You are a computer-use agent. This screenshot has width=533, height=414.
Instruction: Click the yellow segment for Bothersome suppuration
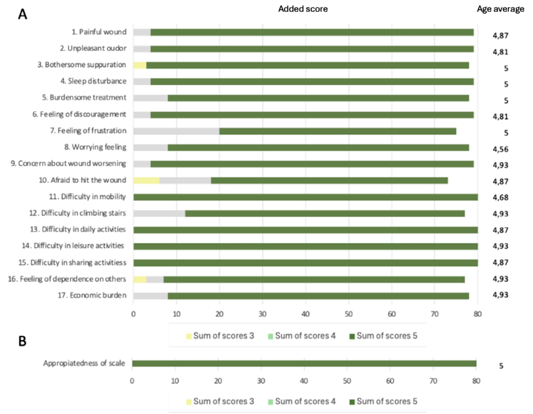pyautogui.click(x=139, y=65)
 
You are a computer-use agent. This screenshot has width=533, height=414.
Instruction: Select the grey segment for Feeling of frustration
pyautogui.click(x=176, y=131)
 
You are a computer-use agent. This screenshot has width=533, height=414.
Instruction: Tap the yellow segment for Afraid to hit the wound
pyautogui.click(x=146, y=180)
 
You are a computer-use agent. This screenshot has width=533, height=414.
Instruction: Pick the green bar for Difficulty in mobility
pyautogui.click(x=305, y=197)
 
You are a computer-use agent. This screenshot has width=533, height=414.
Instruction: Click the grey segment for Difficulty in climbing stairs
pyautogui.click(x=159, y=213)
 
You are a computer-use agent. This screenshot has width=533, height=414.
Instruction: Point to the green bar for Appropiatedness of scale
pyautogui.click(x=303, y=364)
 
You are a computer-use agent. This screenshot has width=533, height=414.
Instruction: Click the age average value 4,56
pyautogui.click(x=500, y=149)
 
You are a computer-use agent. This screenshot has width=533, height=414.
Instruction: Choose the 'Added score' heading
pyautogui.click(x=303, y=9)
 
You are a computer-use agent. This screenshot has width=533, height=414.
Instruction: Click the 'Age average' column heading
pyautogui.click(x=500, y=9)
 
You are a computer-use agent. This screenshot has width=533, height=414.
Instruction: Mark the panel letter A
pyautogui.click(x=23, y=14)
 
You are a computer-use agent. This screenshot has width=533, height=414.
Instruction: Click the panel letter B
pyautogui.click(x=23, y=341)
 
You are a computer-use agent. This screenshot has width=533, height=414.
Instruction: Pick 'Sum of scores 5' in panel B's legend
pyautogui.click(x=386, y=401)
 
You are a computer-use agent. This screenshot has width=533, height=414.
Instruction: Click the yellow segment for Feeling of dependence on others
pyautogui.click(x=139, y=279)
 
